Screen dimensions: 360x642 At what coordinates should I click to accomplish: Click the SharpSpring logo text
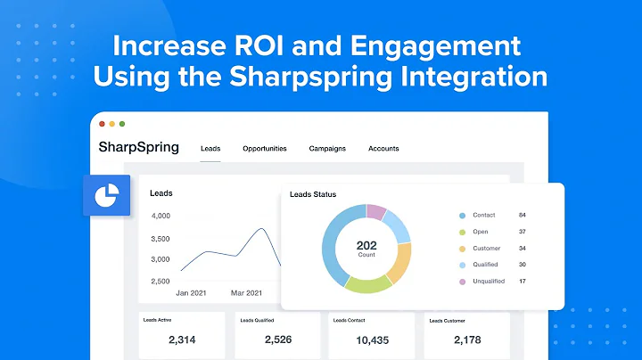coord(138,147)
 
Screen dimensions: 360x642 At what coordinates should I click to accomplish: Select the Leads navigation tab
coord(210,149)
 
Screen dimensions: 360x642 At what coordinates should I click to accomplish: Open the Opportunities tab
coord(265,149)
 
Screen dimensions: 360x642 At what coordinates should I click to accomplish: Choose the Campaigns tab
coord(327,149)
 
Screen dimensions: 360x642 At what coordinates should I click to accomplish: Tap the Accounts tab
coord(383,149)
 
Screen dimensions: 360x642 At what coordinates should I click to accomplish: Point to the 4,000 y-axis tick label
coord(160,216)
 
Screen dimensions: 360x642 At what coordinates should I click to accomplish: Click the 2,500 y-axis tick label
coord(160,282)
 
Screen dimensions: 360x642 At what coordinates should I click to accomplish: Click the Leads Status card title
coord(313,195)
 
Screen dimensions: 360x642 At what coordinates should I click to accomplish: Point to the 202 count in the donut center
coord(367,245)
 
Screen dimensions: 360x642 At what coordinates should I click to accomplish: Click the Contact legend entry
coord(485,216)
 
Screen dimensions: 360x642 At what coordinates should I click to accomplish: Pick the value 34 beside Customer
coord(522,249)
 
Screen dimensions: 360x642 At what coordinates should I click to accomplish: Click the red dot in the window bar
coord(103,124)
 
